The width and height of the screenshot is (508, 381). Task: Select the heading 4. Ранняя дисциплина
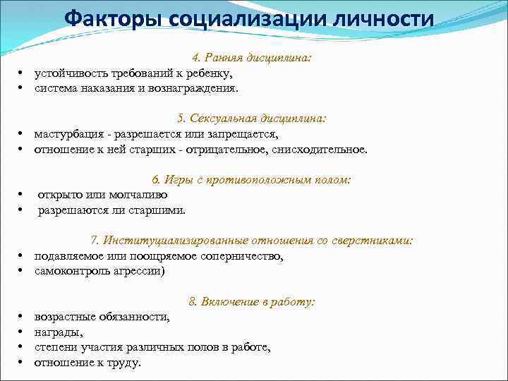251,59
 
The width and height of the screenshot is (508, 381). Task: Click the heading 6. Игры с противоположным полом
251,179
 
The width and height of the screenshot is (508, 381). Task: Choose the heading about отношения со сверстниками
251,241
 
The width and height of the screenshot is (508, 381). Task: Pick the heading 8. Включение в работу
251,301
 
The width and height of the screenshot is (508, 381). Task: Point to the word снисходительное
324,150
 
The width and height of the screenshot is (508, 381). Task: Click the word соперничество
242,256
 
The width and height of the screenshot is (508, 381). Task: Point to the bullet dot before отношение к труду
21,363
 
